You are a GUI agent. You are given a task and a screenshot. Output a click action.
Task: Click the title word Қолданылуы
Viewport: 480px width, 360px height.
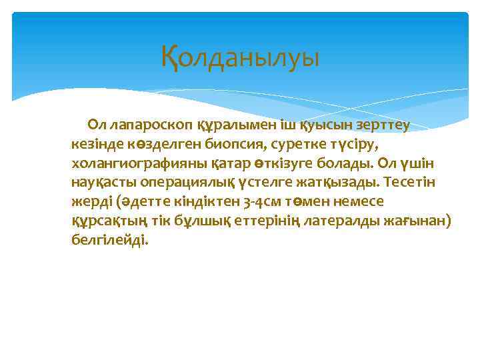240,57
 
